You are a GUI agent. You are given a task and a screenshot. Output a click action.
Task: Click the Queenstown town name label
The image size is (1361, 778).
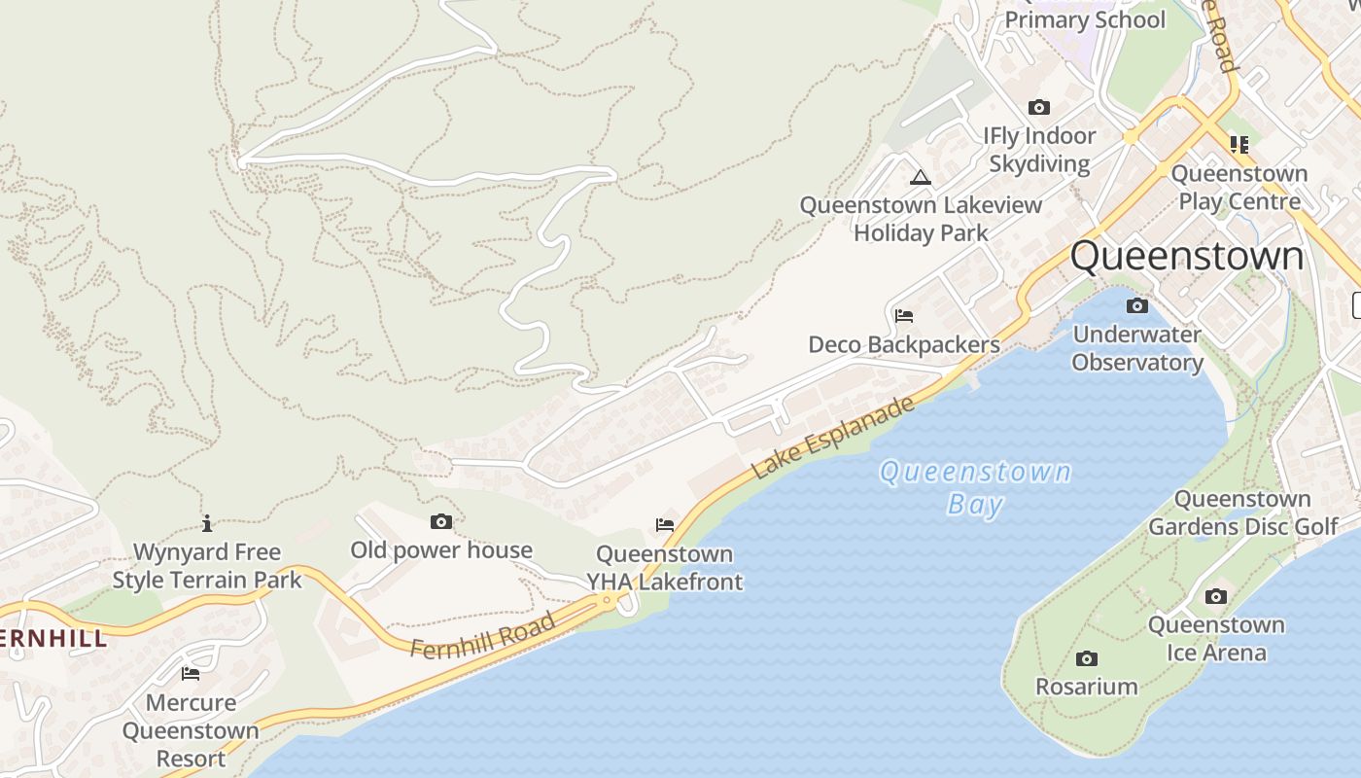[x=1186, y=257]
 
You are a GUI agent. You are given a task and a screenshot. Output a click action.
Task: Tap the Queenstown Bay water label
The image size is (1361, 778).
[x=975, y=488]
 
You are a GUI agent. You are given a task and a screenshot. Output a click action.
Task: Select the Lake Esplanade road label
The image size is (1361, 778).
[x=834, y=438]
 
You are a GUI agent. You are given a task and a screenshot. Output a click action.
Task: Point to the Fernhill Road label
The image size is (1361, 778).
[x=482, y=634]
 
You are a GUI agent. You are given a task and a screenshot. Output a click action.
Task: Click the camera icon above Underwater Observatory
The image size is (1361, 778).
[x=1136, y=306]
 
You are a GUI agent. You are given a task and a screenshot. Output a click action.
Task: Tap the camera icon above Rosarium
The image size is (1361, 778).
[x=1087, y=659]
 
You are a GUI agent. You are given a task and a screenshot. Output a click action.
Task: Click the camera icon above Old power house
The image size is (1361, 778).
[x=441, y=522]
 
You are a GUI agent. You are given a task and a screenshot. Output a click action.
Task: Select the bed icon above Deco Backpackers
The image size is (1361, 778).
[x=904, y=316]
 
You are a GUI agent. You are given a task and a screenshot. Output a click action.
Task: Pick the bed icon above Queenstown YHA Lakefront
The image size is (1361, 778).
[x=665, y=525]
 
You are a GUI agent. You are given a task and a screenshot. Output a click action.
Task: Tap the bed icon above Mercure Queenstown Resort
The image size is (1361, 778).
[x=191, y=673]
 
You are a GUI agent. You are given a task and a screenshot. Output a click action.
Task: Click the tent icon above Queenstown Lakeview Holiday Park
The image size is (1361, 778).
[x=921, y=178]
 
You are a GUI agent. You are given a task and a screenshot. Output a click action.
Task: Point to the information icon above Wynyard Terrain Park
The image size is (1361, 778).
[x=207, y=524]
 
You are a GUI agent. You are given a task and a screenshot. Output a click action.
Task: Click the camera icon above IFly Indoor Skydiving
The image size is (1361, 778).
[x=1039, y=108]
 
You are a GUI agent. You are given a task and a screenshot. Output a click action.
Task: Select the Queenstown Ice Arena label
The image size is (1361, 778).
[x=1216, y=638]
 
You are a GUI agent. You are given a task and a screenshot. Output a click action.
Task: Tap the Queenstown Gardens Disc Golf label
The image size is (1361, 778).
[x=1243, y=513]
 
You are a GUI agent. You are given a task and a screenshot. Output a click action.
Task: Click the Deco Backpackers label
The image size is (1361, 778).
[x=904, y=345]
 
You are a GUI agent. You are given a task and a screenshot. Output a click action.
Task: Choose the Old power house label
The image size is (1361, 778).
[x=441, y=550]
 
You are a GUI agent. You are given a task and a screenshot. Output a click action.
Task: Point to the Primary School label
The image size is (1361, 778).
[x=1084, y=20]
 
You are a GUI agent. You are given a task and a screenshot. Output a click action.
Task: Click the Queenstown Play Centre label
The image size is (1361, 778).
[x=1239, y=188]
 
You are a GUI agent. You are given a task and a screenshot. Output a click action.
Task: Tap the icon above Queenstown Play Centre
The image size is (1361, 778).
[x=1239, y=145]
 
